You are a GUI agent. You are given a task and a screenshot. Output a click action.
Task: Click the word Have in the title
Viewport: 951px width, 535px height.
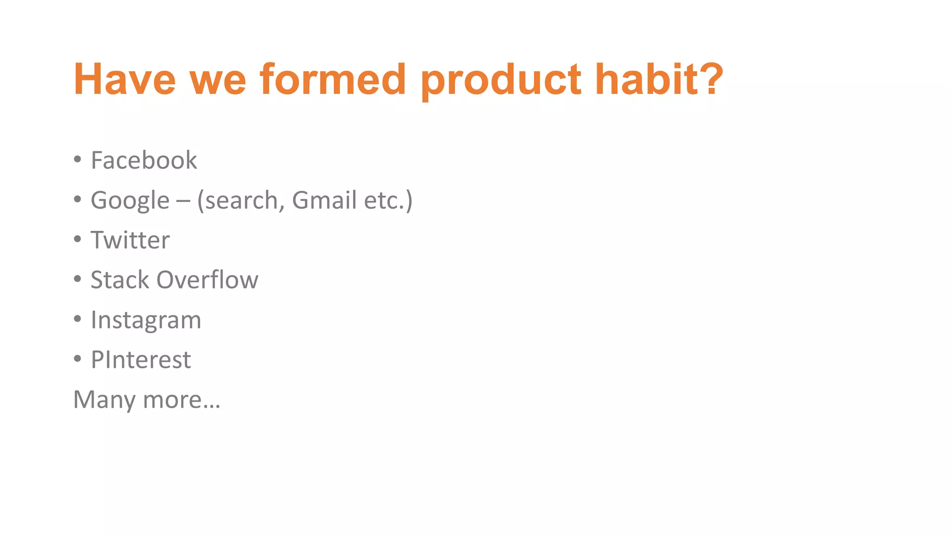coord(124,79)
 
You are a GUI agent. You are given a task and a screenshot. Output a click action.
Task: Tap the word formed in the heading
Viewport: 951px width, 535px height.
coord(333,79)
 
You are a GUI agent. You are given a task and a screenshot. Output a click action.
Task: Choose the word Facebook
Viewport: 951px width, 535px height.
coord(143,160)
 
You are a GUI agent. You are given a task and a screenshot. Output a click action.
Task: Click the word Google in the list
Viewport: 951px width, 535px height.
coord(130,201)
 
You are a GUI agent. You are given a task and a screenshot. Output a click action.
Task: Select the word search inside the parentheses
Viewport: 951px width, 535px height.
coord(241,201)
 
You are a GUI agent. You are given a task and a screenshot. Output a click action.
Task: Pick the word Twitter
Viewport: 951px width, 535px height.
coord(130,240)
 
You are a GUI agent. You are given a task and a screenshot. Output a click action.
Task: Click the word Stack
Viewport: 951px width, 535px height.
coord(119,280)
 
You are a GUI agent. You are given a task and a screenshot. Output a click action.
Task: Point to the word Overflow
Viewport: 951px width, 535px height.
coord(207,280)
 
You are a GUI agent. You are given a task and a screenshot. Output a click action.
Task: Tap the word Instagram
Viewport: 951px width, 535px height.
coord(146,320)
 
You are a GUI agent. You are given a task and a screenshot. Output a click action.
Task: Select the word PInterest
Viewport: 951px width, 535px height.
coord(141,360)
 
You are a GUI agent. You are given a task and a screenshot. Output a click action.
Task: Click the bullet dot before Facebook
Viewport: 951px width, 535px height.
coord(78,160)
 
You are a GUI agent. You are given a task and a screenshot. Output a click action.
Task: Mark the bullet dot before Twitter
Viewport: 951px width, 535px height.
coord(78,240)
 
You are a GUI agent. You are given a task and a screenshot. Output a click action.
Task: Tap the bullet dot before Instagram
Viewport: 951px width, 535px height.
coord(78,319)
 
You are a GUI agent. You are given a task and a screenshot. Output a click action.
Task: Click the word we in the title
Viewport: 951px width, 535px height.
coord(217,79)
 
